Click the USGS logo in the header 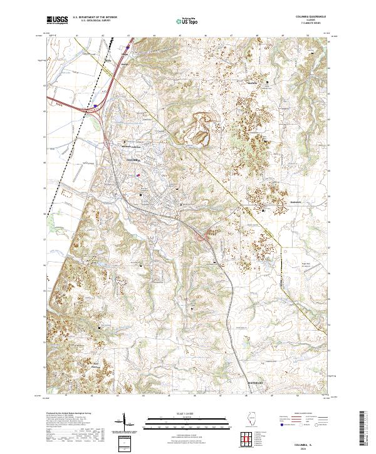point(58,20)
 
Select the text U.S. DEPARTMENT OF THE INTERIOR point(95,18)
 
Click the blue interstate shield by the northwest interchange point(96,106)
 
